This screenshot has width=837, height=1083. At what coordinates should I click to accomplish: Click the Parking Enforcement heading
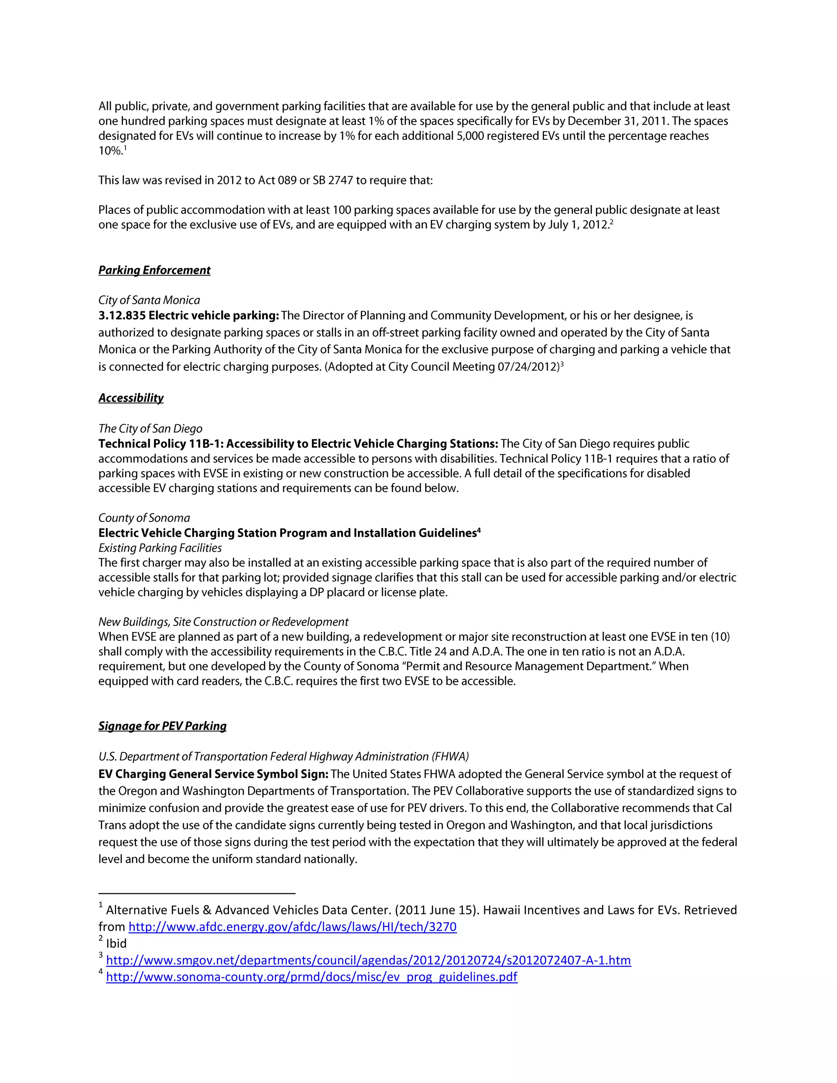pos(154,270)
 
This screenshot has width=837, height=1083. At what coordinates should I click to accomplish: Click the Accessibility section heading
pos(131,398)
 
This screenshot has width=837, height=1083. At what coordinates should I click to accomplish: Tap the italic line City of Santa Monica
pos(149,300)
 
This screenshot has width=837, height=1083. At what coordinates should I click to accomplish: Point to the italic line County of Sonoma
pos(144,518)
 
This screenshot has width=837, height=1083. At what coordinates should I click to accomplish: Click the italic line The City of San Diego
pos(150,429)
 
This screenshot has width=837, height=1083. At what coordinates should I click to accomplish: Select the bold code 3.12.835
pos(121,316)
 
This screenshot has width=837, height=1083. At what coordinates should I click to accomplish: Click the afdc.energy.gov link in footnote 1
pos(292,927)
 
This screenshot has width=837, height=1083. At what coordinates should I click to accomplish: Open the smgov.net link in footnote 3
pos(368,960)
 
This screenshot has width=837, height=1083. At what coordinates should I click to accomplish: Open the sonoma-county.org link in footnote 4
pos(311,978)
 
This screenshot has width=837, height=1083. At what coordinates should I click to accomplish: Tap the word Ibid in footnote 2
pos(116,944)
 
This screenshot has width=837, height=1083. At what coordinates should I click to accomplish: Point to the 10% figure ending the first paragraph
pos(110,151)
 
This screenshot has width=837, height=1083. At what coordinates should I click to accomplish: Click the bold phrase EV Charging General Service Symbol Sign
pos(213,774)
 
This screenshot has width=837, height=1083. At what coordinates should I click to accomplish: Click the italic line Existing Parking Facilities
pos(160,548)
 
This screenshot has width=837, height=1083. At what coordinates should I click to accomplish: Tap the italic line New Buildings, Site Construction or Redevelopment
pos(223,622)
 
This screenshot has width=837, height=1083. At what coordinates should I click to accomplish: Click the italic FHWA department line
pos(283,757)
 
